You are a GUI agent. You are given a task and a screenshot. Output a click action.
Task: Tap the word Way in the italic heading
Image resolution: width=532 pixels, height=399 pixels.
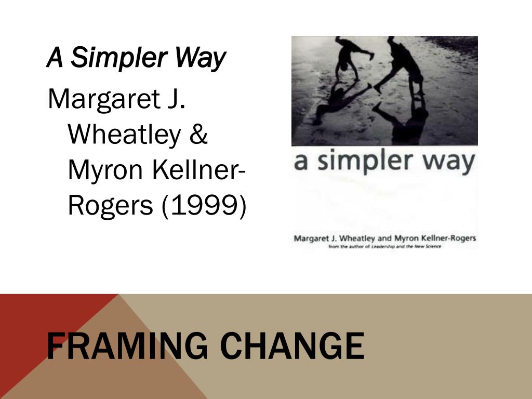[199, 58]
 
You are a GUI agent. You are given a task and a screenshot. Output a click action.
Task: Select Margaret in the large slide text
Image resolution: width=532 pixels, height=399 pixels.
[98, 99]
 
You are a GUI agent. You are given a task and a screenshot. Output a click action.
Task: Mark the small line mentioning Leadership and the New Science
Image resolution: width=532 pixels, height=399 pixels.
[385, 246]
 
